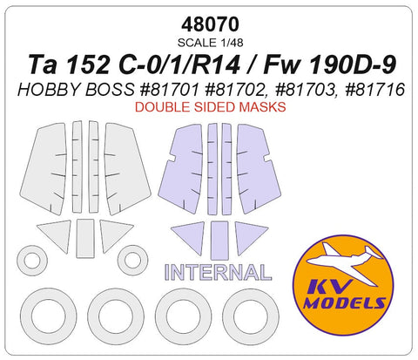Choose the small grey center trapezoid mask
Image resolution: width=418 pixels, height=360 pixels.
pyautogui.click(x=84, y=235)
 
